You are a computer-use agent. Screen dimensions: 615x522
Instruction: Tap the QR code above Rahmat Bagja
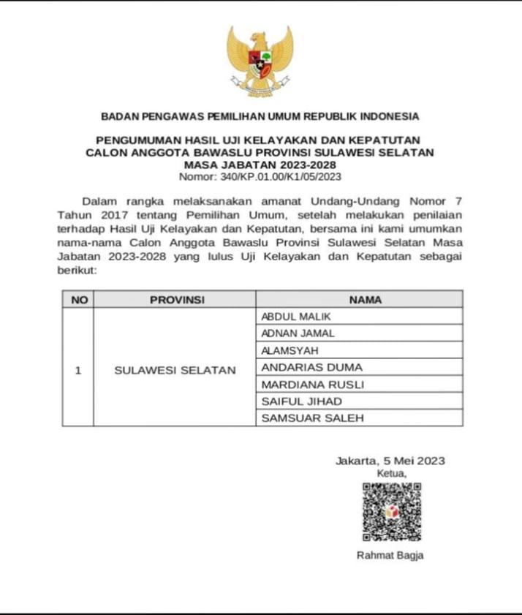pos(391,511)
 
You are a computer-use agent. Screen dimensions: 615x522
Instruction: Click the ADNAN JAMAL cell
pos(298,333)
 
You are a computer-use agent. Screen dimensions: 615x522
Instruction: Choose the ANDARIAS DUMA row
pos(311,367)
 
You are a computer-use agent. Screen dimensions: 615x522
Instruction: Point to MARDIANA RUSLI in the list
pos(312,384)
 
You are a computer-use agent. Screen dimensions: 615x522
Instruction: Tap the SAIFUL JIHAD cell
pos(301,401)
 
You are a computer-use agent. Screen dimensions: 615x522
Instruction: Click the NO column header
pos(78,300)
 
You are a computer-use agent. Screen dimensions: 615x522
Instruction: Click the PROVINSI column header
pos(176,300)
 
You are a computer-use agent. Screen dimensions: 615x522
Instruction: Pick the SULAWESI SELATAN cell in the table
pos(175,370)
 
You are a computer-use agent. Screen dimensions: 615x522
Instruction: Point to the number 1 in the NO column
pos(78,370)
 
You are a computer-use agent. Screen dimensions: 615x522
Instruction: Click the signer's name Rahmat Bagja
pos(390,555)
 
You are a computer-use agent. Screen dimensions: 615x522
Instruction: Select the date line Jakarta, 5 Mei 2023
pos(390,461)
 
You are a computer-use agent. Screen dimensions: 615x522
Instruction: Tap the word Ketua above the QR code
pos(390,473)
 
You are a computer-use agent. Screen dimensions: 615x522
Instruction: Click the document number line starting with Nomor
pos(260,176)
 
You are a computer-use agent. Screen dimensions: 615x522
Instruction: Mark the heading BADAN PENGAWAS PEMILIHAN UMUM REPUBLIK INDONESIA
pos(260,116)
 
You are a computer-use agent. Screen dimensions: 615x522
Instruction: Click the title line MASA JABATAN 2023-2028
pos(260,165)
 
